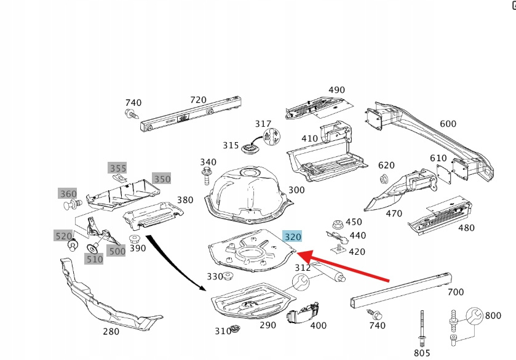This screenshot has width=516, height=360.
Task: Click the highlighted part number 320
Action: pyautogui.click(x=293, y=236)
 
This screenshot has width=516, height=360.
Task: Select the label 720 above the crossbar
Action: pyautogui.click(x=198, y=100)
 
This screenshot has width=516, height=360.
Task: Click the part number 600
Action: pyautogui.click(x=448, y=124)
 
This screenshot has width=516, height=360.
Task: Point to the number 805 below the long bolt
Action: pyautogui.click(x=422, y=353)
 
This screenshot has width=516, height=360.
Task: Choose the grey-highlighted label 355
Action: pyautogui.click(x=117, y=168)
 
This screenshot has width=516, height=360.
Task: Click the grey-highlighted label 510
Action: pyautogui.click(x=94, y=259)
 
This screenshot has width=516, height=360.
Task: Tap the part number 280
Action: pyautogui.click(x=111, y=332)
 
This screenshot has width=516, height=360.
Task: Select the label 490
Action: pyautogui.click(x=336, y=90)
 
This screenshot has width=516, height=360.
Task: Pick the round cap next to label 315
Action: pyautogui.click(x=249, y=148)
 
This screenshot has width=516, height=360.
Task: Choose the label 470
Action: pyautogui.click(x=394, y=214)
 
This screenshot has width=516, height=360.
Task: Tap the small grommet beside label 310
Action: pyautogui.click(x=234, y=330)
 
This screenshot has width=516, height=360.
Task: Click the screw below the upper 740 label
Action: pyautogui.click(x=130, y=114)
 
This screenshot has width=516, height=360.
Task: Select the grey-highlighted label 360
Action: pyautogui.click(x=68, y=193)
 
